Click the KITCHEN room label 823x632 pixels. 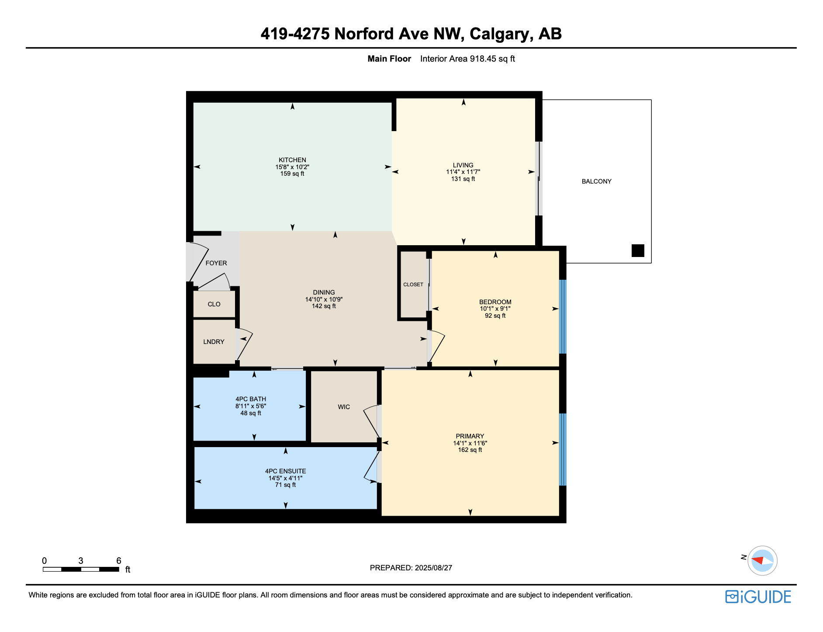tap(292, 160)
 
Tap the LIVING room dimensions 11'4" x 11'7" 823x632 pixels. tap(463, 172)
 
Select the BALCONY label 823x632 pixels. tap(596, 181)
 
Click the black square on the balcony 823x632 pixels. tap(638, 250)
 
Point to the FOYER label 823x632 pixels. tap(216, 263)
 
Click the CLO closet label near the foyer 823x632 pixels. tap(214, 304)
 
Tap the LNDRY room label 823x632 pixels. tap(214, 342)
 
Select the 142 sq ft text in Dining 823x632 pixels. tap(324, 306)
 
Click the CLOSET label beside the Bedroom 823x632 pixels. tap(413, 285)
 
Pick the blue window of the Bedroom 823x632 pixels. tap(563, 316)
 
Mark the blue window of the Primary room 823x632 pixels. tap(563, 449)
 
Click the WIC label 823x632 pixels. tap(344, 407)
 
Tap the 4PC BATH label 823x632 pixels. tap(251, 399)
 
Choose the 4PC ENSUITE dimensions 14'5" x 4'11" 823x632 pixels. tap(285, 478)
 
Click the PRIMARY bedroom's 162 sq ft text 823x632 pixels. tap(470, 450)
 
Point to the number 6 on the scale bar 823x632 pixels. tap(118, 560)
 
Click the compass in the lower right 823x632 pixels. tap(762, 560)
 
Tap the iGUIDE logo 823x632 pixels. tap(758, 597)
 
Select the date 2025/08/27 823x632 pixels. tap(433, 568)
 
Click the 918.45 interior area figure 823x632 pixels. tap(483, 59)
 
